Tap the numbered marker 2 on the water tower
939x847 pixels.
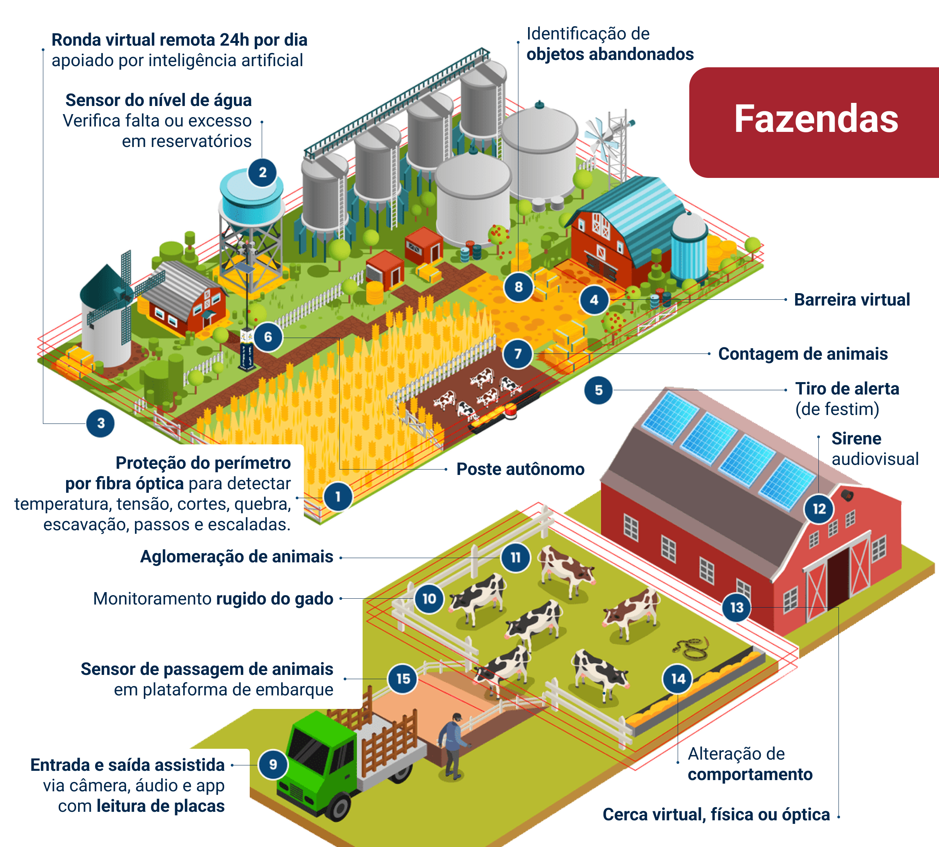click(x=262, y=172)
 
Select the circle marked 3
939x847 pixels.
click(x=101, y=423)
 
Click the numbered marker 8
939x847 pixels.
click(x=518, y=287)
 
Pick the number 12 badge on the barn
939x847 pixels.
click(x=819, y=509)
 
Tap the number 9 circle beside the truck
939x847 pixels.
click(x=273, y=764)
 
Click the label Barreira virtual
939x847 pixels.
click(x=852, y=300)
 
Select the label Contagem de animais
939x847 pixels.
click(x=803, y=354)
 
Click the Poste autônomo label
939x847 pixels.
click(x=520, y=469)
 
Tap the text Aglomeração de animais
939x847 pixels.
click(x=237, y=557)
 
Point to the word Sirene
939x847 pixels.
click(x=856, y=439)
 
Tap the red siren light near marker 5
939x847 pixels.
click(x=511, y=411)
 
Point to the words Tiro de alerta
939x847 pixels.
click(x=847, y=389)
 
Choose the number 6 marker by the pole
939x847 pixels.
click(x=268, y=336)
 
